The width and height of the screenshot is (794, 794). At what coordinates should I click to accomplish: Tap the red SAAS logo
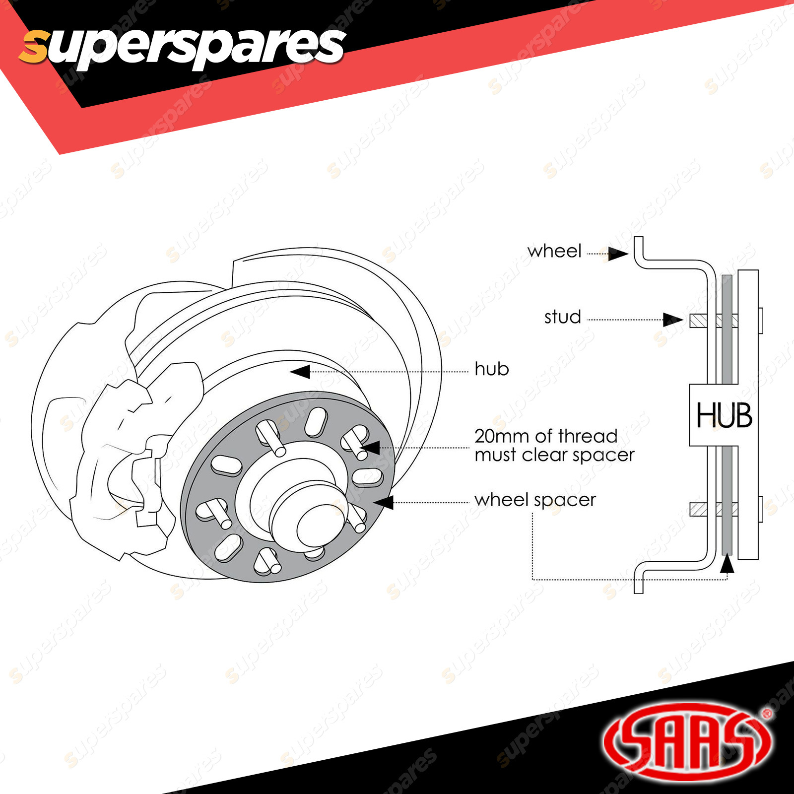pos(687,742)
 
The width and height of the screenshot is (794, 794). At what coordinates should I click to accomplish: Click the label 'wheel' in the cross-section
pos(554,251)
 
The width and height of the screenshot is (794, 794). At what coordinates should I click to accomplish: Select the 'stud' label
pos(562,317)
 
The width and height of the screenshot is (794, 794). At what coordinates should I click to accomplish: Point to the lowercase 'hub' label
pos(492,369)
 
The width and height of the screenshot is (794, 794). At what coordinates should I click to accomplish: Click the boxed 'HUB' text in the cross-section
pos(724,415)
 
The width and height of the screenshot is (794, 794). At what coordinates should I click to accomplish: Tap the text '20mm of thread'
pos(546,436)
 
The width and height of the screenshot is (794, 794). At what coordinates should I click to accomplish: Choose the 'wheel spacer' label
pos(535,500)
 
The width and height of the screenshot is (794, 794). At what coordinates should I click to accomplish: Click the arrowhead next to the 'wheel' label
pos(618,254)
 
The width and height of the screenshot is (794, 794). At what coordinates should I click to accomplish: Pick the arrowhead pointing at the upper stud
pos(673,320)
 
